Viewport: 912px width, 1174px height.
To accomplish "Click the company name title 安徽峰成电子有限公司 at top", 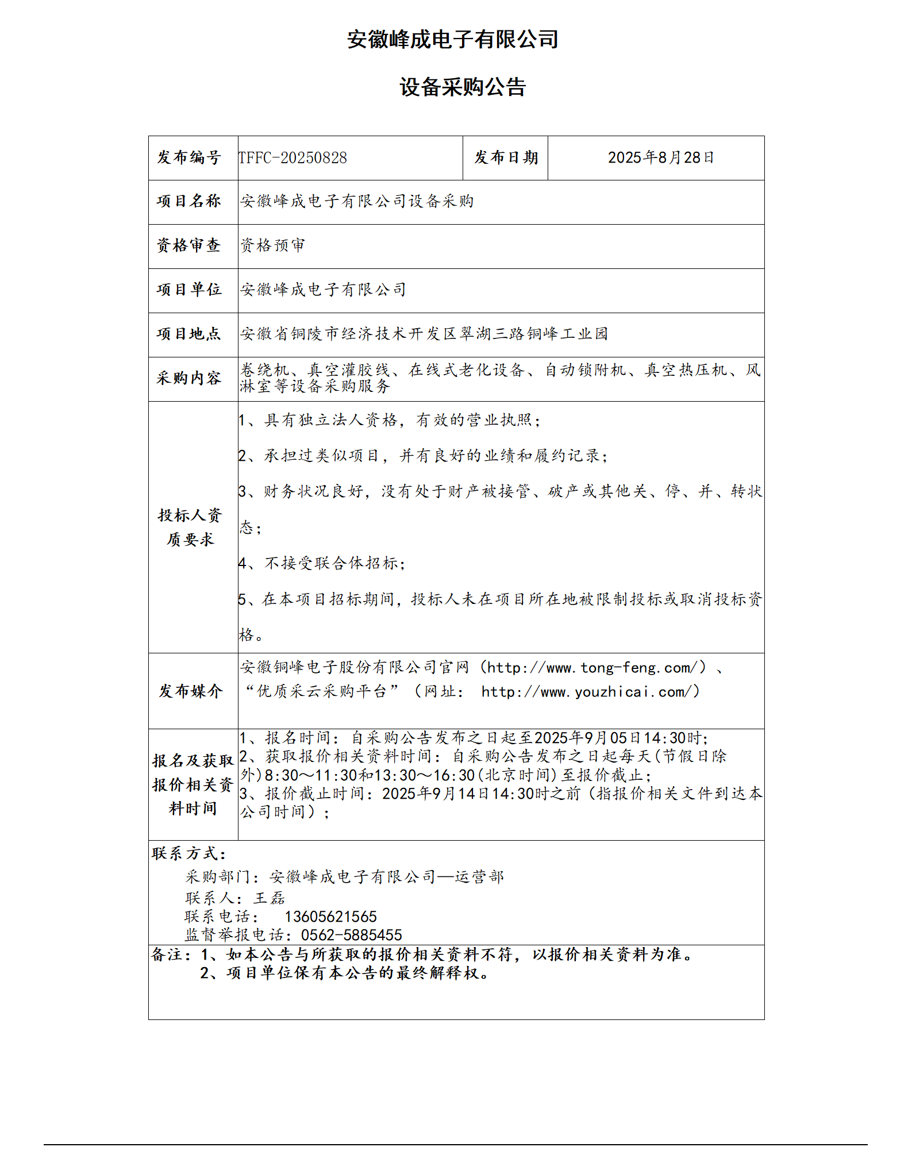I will click(x=453, y=40).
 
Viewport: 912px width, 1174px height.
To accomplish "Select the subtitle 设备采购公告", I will click(x=463, y=87).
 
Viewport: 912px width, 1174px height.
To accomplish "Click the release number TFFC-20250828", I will click(x=293, y=158).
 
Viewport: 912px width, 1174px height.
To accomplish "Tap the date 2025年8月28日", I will click(x=661, y=157).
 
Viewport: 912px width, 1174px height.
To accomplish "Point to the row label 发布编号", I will click(x=189, y=157).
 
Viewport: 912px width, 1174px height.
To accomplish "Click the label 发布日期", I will click(x=506, y=157).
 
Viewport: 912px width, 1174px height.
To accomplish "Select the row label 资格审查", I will click(x=189, y=245).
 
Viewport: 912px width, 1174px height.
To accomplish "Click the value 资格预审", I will click(x=273, y=245).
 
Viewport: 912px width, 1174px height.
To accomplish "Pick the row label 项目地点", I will click(x=189, y=334).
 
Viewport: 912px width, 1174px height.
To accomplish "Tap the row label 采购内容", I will click(x=189, y=378).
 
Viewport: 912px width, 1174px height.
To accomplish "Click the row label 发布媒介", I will click(x=191, y=691).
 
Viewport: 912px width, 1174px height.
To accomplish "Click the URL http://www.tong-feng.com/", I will click(x=592, y=668).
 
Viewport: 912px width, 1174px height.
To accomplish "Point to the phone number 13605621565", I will click(x=330, y=917).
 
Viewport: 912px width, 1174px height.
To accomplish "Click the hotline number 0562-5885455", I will click(x=352, y=935).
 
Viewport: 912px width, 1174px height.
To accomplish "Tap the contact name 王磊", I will click(x=270, y=898).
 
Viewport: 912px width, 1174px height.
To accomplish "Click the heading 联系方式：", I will click(x=189, y=854).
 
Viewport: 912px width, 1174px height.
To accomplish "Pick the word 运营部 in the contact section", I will click(x=479, y=877).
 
